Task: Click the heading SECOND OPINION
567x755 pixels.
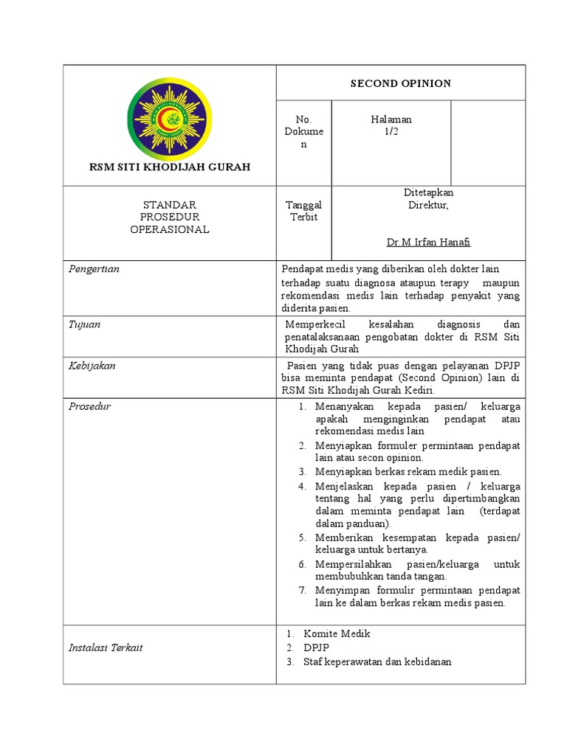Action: [x=400, y=83]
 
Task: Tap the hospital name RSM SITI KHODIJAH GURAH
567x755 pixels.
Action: [x=170, y=167]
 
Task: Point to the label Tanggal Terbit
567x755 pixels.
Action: [x=303, y=211]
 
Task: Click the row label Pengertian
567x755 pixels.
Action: [x=94, y=269]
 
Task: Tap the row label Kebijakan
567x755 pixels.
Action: [x=92, y=366]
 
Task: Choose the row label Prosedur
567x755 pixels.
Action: [x=89, y=406]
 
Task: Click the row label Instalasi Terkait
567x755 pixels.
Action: [x=106, y=647]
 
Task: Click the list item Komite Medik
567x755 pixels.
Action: [x=337, y=633]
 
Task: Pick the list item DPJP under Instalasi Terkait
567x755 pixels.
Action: [x=316, y=647]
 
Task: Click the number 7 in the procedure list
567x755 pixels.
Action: [x=302, y=591]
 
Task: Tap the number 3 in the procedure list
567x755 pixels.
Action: [x=302, y=471]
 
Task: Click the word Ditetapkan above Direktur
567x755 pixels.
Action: [x=428, y=192]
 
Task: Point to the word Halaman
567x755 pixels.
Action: [x=391, y=119]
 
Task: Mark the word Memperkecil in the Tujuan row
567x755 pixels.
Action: [x=315, y=324]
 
